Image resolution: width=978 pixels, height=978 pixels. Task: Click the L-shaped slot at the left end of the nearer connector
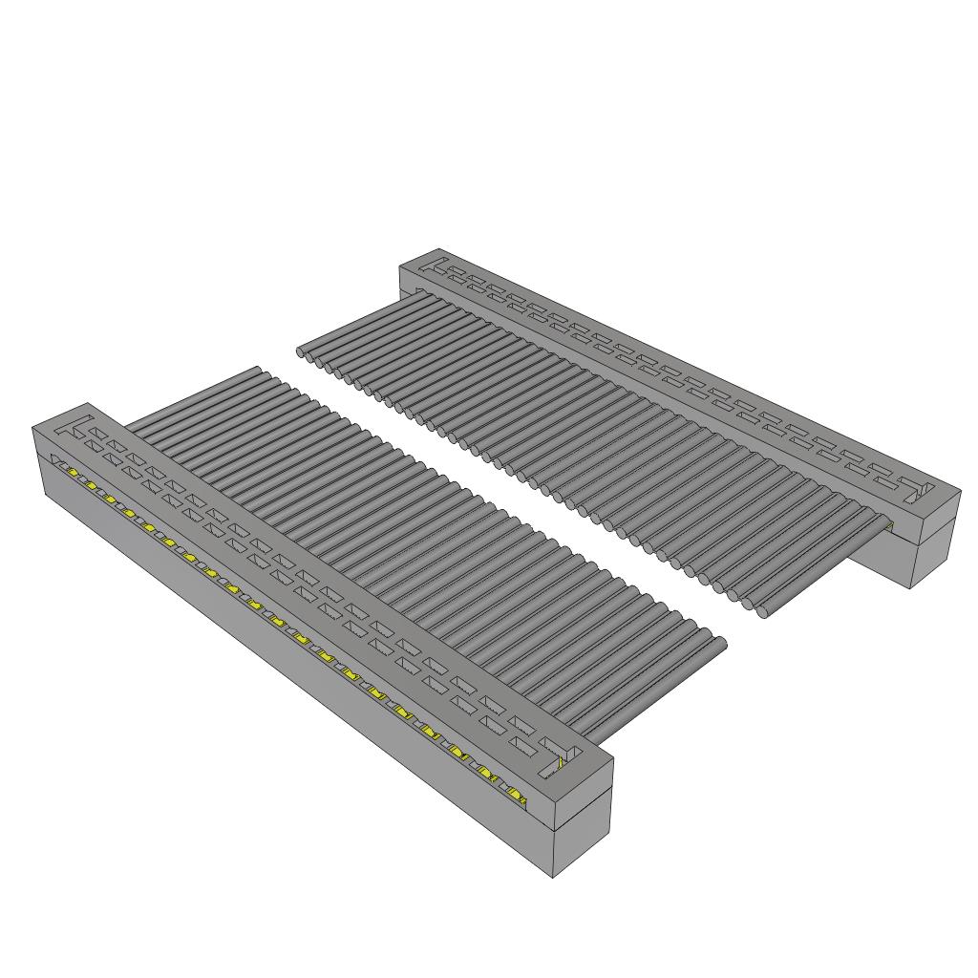80,427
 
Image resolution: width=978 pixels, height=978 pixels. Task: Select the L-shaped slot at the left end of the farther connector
437,266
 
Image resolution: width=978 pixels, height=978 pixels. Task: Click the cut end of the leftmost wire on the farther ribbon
303,352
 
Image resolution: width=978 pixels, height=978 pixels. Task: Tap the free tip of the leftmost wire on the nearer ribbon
256,370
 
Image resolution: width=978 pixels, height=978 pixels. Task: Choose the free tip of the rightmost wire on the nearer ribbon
721,646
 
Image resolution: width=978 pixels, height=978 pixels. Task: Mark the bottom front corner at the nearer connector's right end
554,878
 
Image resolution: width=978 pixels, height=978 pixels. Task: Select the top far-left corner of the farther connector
399,270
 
